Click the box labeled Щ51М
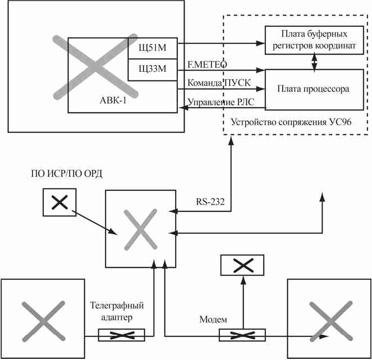pyautogui.click(x=153, y=48)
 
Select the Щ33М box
pyautogui.click(x=153, y=70)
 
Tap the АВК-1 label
pyautogui.click(x=113, y=100)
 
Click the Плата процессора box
pyautogui.click(x=314, y=89)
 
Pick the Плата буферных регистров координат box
pyautogui.click(x=314, y=40)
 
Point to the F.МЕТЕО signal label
pyautogui.click(x=207, y=65)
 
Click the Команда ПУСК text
pyautogui.click(x=219, y=83)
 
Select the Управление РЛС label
pyautogui.click(x=221, y=102)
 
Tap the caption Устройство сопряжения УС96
pyautogui.click(x=291, y=122)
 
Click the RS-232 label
pyautogui.click(x=210, y=202)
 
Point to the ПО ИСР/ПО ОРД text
pyautogui.click(x=67, y=174)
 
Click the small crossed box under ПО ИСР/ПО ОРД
pyautogui.click(x=59, y=202)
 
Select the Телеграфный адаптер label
pyautogui.click(x=117, y=311)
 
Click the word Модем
pyautogui.click(x=213, y=320)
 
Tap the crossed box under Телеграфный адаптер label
pyautogui.click(x=121, y=335)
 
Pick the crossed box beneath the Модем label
pyautogui.click(x=242, y=335)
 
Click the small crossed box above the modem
pyautogui.click(x=242, y=265)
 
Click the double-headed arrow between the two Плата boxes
pyautogui.click(x=314, y=62)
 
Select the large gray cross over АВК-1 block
pyautogui.click(x=95, y=67)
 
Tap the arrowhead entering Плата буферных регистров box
pyautogui.click(x=260, y=43)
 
